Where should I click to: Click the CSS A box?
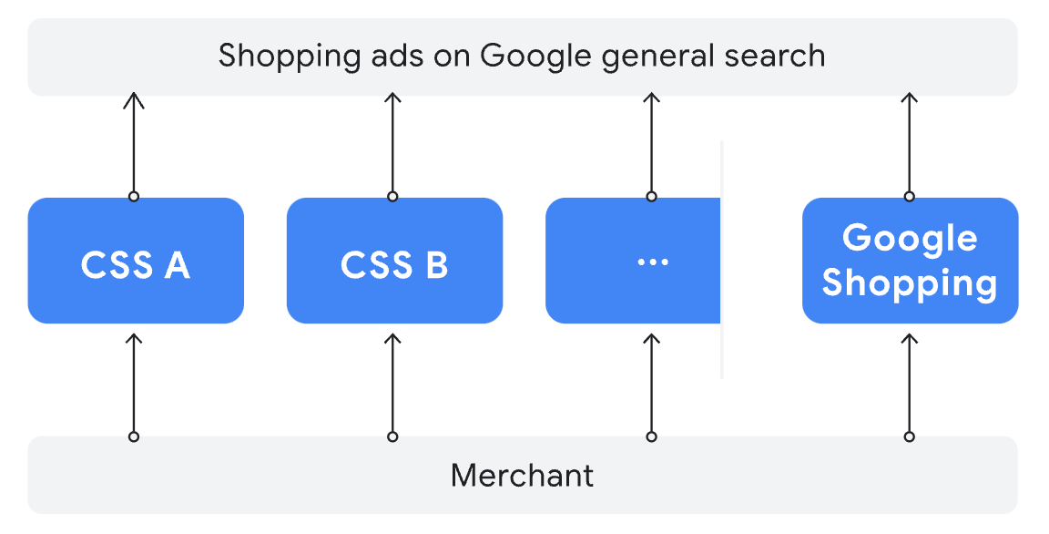136,261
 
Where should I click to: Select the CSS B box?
394,261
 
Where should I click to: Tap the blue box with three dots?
633,261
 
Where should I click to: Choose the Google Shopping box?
910,261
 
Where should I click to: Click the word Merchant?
522,475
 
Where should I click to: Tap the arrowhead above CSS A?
134,99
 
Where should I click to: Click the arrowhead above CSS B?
392,99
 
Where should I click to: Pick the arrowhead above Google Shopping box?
909,99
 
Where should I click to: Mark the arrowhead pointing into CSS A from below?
134,340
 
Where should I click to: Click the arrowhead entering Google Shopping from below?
909,340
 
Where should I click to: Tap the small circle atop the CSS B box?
392,196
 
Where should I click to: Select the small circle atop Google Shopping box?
909,196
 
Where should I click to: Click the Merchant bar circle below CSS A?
134,436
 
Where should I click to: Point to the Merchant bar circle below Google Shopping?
909,436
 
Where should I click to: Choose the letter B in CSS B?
436,264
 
